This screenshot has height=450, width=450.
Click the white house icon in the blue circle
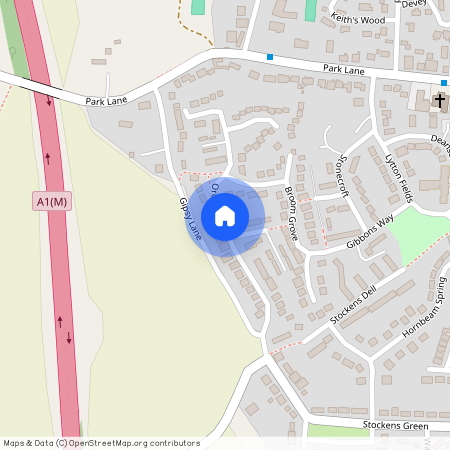click(224, 215)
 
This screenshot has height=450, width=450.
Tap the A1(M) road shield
click(51, 202)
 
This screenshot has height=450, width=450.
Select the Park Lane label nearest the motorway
click(108, 101)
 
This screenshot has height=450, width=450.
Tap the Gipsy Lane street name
click(190, 216)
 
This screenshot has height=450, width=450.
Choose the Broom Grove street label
click(292, 212)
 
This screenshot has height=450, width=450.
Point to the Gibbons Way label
click(370, 231)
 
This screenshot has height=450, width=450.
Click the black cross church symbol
click(439, 101)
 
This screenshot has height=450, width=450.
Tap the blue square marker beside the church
click(443, 83)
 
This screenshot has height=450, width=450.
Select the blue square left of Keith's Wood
click(270, 56)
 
